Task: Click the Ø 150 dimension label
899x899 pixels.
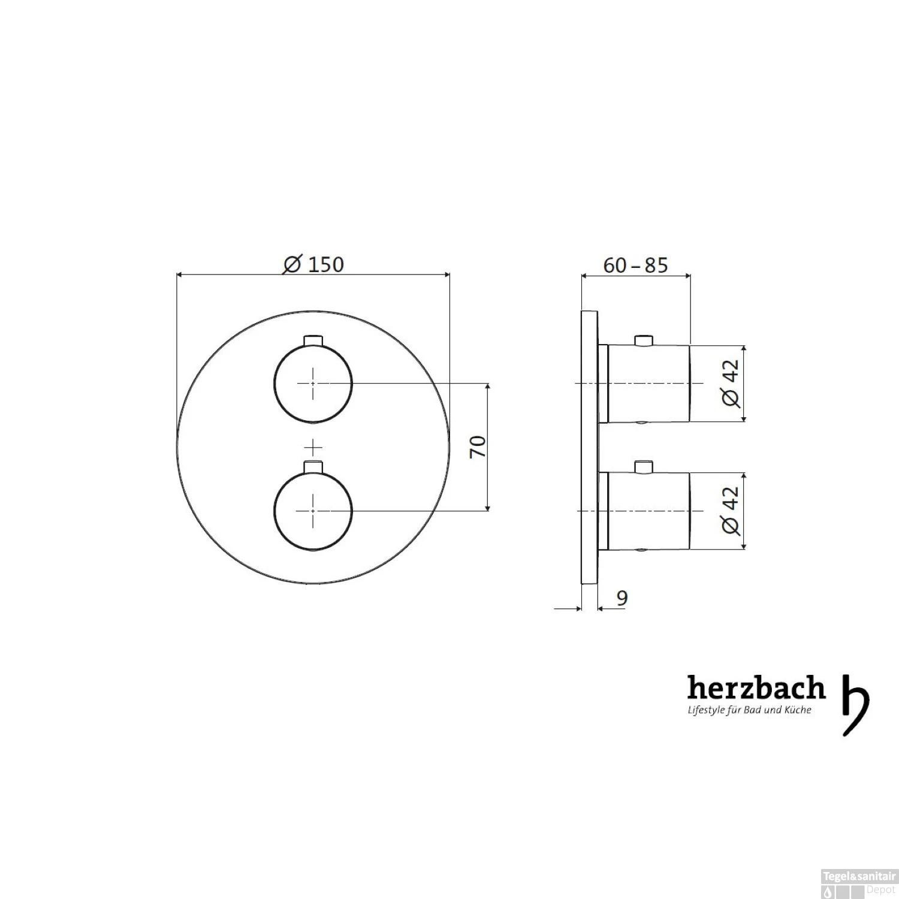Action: [313, 264]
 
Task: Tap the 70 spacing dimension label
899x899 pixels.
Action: [478, 447]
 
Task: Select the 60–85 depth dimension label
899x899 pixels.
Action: [635, 265]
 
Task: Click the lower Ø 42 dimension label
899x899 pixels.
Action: [731, 511]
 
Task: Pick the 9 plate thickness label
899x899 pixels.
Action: [622, 598]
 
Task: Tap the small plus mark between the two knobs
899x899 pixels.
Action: [313, 447]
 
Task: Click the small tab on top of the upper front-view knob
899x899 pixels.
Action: [313, 340]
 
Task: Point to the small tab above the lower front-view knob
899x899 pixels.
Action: [313, 467]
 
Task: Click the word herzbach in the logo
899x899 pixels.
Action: [756, 689]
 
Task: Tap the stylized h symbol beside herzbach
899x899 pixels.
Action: [855, 704]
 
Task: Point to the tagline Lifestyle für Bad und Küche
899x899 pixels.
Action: [749, 710]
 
